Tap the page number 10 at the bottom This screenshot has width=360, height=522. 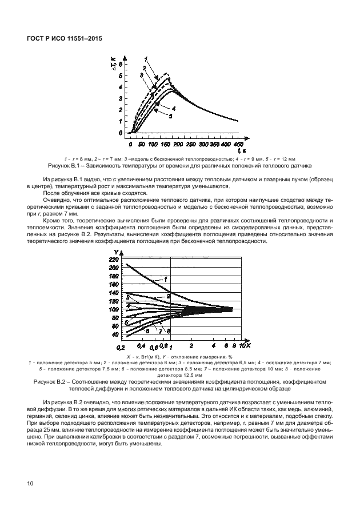[30, 484]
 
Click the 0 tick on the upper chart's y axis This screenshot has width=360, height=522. [121, 133]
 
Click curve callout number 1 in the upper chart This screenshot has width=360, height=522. [146, 59]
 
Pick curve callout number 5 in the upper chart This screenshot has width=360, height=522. [170, 115]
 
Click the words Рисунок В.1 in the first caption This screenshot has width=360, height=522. [65, 166]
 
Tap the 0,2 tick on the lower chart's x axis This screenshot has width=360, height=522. [121, 347]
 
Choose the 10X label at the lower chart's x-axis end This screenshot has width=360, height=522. [243, 346]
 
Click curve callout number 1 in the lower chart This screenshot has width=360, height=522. [165, 279]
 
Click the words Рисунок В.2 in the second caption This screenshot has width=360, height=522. [50, 381]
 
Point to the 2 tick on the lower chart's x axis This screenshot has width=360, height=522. [191, 346]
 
